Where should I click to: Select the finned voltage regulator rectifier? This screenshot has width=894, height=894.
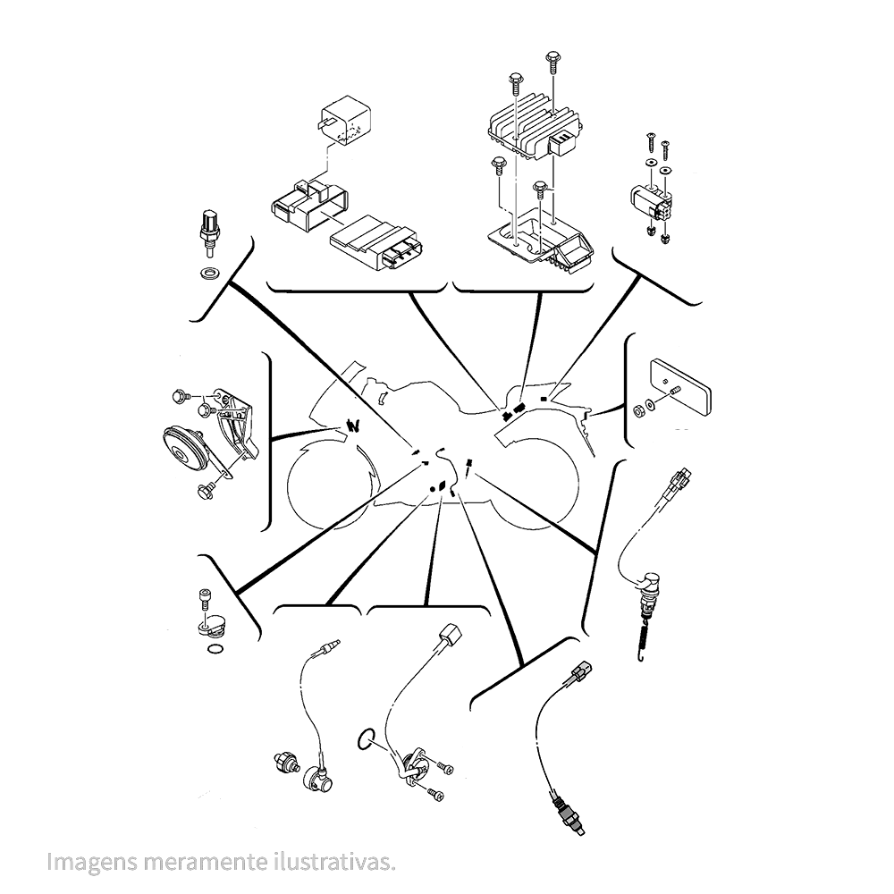click(x=536, y=128)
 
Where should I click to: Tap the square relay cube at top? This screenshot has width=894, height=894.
click(x=345, y=123)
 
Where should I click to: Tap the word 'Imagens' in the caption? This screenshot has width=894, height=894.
click(x=92, y=862)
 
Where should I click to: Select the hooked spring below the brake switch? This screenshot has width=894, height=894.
click(x=644, y=640)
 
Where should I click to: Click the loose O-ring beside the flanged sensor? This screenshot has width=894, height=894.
click(x=366, y=740)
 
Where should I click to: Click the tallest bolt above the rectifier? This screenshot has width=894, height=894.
click(x=552, y=63)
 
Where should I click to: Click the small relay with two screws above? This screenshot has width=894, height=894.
click(x=651, y=200)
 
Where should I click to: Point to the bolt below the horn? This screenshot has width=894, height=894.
click(x=205, y=489)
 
